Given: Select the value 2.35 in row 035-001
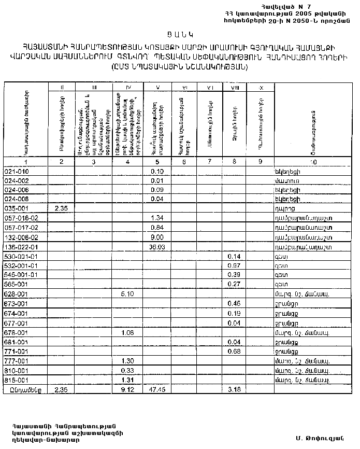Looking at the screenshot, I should coord(61,208).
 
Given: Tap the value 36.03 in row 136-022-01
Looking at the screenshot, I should coord(156,246).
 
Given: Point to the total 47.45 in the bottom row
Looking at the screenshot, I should coord(156,388).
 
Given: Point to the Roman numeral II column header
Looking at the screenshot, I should coord(61,88).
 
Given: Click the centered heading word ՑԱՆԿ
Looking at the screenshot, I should coord(179,35).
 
